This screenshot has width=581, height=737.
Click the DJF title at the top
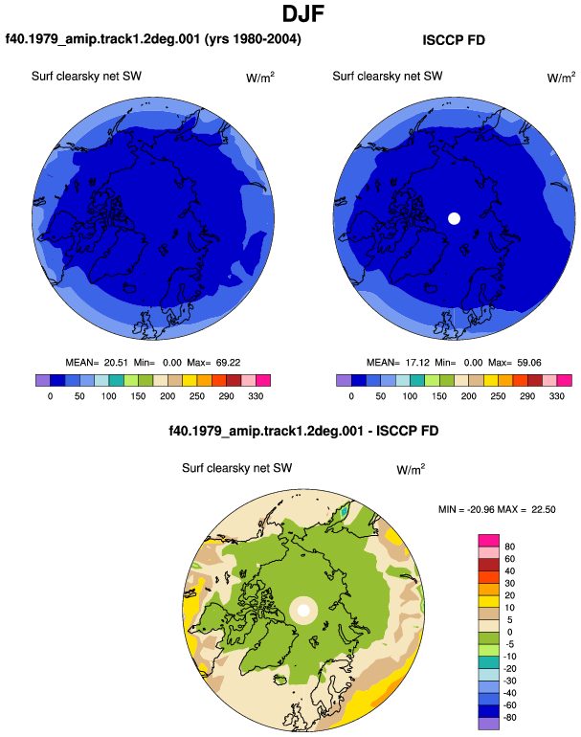tap(303, 13)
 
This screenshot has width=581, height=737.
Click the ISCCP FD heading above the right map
tap(454, 40)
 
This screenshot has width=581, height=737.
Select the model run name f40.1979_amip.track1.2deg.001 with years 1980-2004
tap(153, 38)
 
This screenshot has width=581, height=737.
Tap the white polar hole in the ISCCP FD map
tap(454, 218)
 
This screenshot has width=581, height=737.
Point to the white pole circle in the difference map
tap(303, 611)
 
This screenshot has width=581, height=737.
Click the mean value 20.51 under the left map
tap(116, 363)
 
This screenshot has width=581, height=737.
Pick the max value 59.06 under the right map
tap(528, 363)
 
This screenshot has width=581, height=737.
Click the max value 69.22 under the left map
tap(228, 363)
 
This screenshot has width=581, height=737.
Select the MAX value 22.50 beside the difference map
tap(544, 509)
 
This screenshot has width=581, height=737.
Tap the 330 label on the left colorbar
tap(256, 395)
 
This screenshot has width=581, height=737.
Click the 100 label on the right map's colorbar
tap(410, 395)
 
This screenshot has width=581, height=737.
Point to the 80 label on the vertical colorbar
tap(509, 547)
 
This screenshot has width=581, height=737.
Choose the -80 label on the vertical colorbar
tap(509, 717)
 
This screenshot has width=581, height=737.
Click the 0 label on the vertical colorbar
tap(509, 632)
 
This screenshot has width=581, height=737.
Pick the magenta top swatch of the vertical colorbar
tap(489, 541)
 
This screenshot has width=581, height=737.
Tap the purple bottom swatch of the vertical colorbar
tap(489, 724)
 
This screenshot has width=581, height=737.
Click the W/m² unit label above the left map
tap(260, 78)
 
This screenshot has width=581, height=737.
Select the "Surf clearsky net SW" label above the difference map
tap(237, 468)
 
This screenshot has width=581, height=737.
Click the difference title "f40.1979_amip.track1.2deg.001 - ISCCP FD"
tap(303, 431)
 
